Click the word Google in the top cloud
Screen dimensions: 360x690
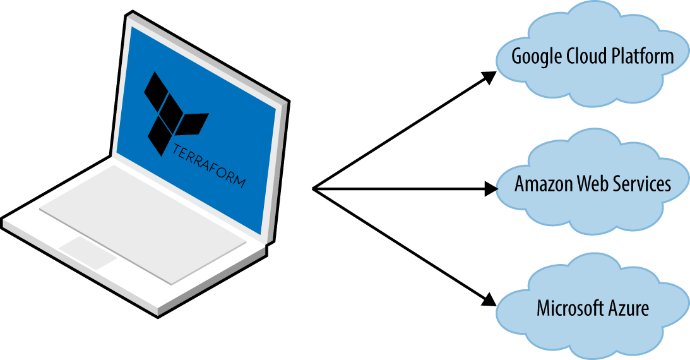534,56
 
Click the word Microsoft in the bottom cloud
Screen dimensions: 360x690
565,309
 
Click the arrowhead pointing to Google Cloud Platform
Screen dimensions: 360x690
489,76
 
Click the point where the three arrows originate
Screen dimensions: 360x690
314,188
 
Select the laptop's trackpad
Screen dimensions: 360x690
88,253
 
